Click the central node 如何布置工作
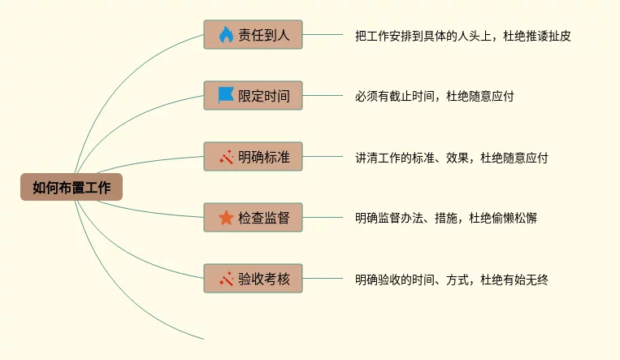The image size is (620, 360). click(71, 187)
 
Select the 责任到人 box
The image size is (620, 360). click(253, 35)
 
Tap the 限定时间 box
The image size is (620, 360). click(253, 95)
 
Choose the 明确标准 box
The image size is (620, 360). click(253, 156)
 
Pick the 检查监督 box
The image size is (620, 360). click(253, 217)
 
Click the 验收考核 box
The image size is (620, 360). click(253, 279)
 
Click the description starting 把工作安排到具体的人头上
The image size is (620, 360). click(462, 36)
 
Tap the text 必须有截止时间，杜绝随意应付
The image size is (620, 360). click(434, 96)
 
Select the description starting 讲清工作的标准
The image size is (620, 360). click(451, 158)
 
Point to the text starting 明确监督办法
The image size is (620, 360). click(445, 218)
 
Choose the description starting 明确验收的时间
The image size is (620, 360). click(451, 280)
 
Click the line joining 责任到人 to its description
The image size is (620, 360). click(323, 35)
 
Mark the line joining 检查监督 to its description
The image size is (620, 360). click(323, 217)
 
